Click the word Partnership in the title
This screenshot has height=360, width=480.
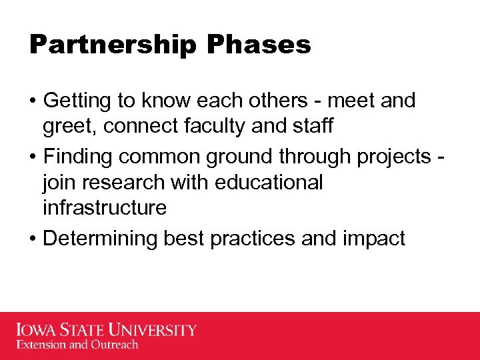pos(113,45)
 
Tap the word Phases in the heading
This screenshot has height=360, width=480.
pos(259,45)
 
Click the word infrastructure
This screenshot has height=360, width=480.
pos(104,208)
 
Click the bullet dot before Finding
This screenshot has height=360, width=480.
pos(33,157)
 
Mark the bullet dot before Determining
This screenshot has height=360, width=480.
pos(33,239)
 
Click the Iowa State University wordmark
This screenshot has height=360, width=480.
pos(107,330)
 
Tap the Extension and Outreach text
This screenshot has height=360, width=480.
pos(77,345)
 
